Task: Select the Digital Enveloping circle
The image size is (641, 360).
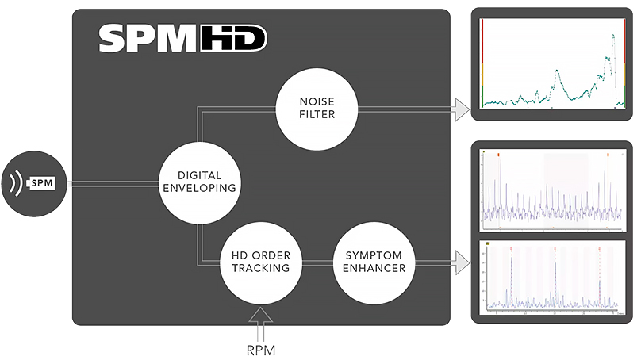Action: click(x=200, y=182)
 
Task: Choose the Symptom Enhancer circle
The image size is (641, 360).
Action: click(x=374, y=262)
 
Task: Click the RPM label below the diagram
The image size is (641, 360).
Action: click(x=259, y=347)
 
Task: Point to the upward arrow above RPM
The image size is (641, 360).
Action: click(x=259, y=318)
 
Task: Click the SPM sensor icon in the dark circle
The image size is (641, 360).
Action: click(x=42, y=182)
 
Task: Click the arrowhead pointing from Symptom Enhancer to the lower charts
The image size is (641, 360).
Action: click(x=460, y=259)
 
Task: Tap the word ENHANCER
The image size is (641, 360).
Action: click(x=374, y=269)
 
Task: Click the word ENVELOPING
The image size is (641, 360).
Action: click(x=200, y=190)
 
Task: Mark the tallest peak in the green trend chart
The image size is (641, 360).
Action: click(x=612, y=36)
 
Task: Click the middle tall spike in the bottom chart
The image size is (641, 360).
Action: click(x=555, y=254)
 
